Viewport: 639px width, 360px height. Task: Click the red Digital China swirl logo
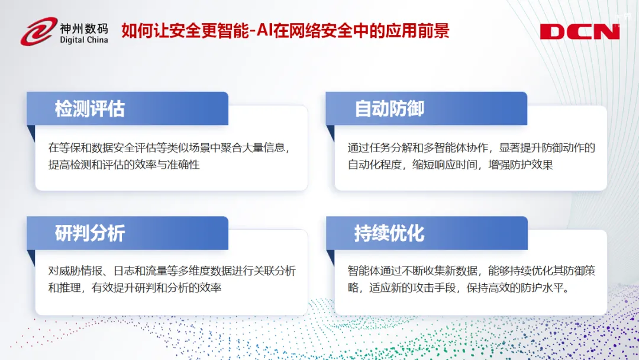(x=38, y=31)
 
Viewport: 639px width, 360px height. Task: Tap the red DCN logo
(x=579, y=31)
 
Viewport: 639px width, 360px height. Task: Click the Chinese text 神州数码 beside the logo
(x=84, y=28)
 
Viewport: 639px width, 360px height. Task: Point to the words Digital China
(x=84, y=40)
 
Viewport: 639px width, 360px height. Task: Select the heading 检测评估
(x=90, y=109)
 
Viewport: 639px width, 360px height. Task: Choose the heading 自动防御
(x=389, y=109)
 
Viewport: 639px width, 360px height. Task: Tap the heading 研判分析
(x=90, y=233)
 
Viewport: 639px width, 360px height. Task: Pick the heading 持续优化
(x=389, y=234)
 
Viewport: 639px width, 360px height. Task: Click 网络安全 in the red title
(x=305, y=31)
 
